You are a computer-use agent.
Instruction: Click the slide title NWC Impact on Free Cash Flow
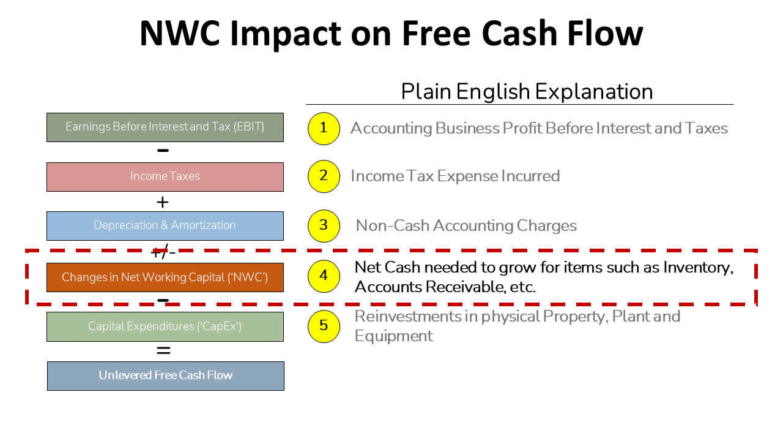point(391,33)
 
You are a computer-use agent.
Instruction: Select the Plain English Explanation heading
point(527,91)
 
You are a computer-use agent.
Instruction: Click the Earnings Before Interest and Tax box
point(165,127)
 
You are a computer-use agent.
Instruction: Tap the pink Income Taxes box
point(165,176)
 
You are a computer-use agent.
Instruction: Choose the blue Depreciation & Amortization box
point(165,225)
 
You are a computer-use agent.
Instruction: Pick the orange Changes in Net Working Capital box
point(165,277)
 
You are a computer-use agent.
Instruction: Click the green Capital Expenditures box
point(165,326)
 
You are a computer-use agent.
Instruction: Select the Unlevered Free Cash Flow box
point(166,375)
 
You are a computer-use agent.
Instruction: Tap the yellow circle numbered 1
point(324,128)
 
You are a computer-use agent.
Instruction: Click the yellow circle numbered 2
point(324,176)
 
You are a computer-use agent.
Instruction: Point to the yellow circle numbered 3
point(324,225)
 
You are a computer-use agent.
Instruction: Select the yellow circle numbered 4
point(324,276)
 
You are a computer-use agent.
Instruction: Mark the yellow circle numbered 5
point(324,326)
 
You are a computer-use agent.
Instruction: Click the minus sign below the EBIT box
point(163,150)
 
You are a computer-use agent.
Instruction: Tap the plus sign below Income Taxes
point(163,202)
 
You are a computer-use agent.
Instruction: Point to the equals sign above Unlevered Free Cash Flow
point(163,351)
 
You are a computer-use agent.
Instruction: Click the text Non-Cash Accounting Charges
point(466,225)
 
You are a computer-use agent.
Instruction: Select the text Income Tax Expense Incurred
point(455,176)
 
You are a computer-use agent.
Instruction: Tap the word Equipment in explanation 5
point(394,336)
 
